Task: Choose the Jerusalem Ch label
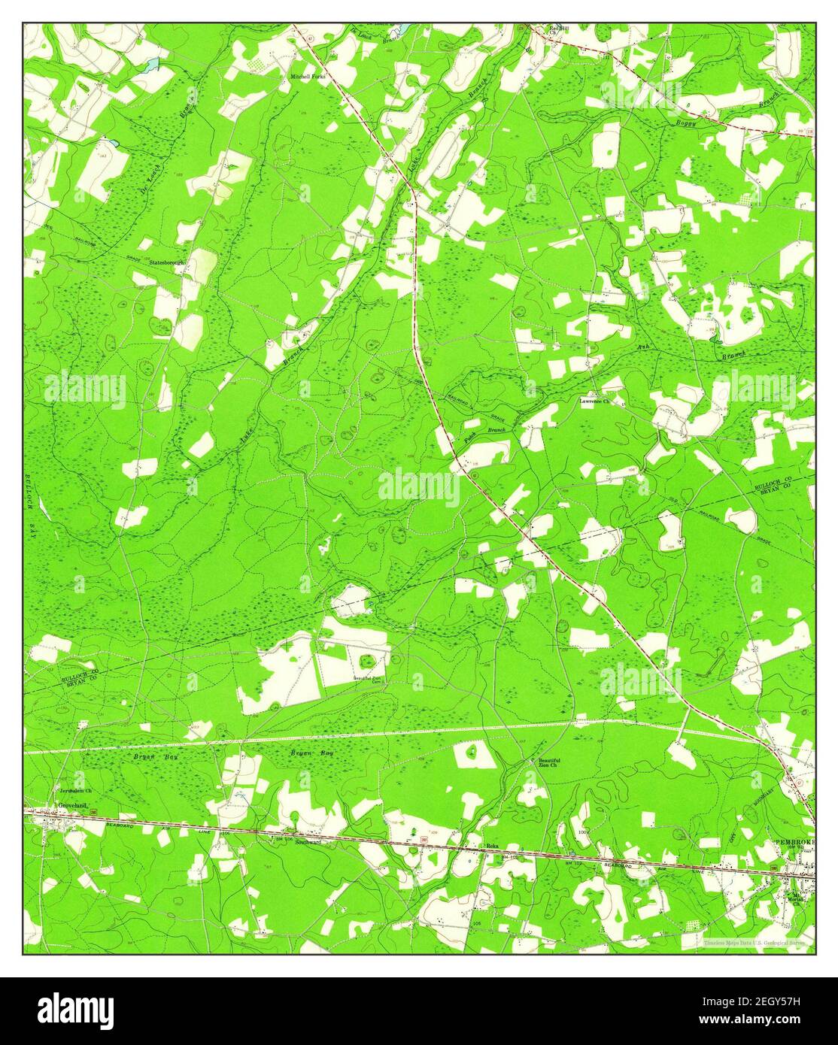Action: click(x=75, y=791)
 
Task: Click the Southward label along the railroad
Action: click(x=308, y=842)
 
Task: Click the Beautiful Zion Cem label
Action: click(x=369, y=678)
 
